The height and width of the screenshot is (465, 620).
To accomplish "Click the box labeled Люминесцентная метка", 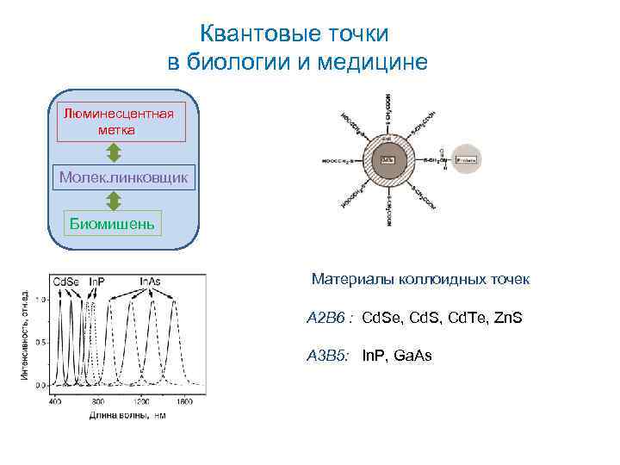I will pyautogui.click(x=121, y=121).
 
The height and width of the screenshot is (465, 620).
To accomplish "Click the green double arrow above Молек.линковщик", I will pyautogui.click(x=114, y=152).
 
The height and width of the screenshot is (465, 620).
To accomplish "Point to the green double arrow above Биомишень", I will pyautogui.click(x=114, y=200).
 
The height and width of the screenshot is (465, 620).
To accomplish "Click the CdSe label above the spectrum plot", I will pyautogui.click(x=67, y=282).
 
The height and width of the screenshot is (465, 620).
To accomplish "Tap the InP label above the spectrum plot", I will pyautogui.click(x=96, y=282).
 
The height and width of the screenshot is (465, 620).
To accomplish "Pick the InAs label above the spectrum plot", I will pyautogui.click(x=150, y=282).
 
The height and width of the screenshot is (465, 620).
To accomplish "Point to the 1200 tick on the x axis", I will pyautogui.click(x=140, y=402).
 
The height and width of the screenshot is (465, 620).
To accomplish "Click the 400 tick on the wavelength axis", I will pyautogui.click(x=55, y=402).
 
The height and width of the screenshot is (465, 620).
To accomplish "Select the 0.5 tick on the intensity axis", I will pyautogui.click(x=40, y=342).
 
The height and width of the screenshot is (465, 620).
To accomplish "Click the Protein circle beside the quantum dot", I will pyautogui.click(x=468, y=158).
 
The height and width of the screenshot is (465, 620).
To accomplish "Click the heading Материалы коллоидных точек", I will pyautogui.click(x=420, y=280).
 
